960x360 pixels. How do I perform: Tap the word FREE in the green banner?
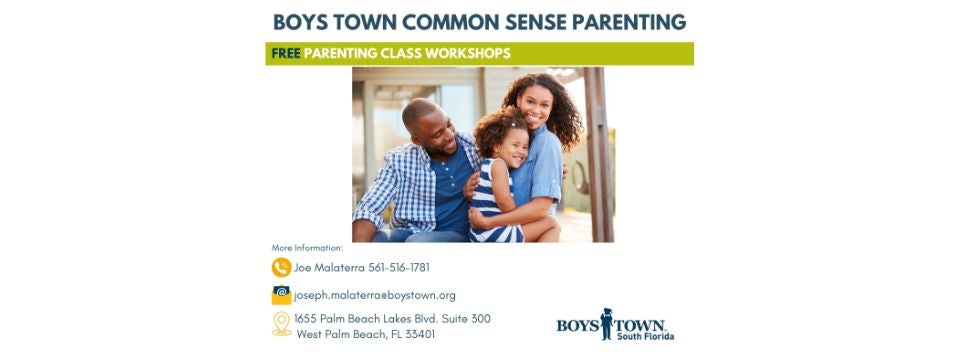tap(286, 53)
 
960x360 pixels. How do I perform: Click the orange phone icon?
tap(281, 267)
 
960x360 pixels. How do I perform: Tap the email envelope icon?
tap(281, 295)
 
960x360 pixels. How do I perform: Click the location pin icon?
tap(281, 323)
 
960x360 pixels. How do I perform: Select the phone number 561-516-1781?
tap(399, 267)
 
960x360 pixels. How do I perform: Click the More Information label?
tap(307, 247)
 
